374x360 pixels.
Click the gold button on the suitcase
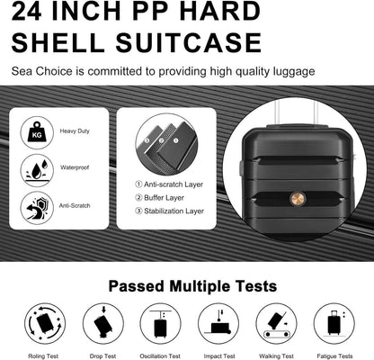298,198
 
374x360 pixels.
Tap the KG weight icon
37,132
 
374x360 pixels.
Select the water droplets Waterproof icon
37,170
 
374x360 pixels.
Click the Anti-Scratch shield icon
37,208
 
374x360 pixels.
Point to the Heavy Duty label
75,131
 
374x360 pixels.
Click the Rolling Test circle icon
45,323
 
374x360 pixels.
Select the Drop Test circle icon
103,323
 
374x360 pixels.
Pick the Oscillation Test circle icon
161,323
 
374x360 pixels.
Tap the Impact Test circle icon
218,323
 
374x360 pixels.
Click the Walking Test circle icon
276,323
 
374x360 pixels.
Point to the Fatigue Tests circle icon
334,323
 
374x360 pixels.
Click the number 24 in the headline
26,11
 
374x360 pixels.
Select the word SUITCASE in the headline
189,42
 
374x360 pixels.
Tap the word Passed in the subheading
137,286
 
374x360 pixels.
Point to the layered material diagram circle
166,144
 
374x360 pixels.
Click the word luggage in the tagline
294,72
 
